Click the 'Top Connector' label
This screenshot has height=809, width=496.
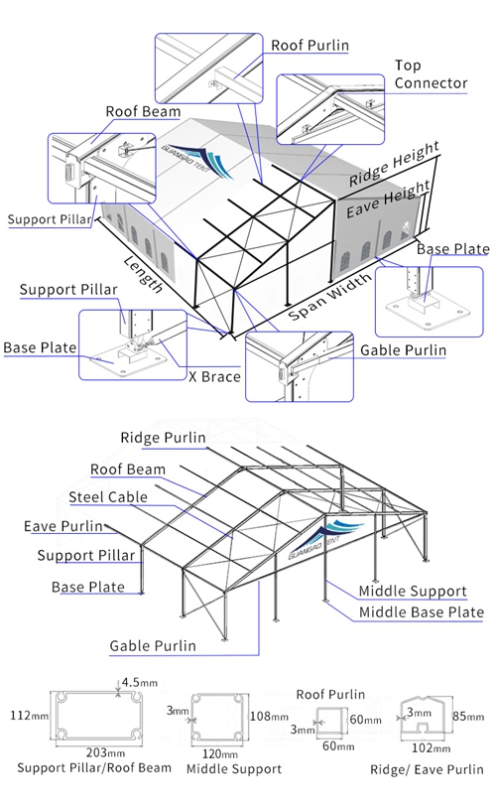coord(431,74)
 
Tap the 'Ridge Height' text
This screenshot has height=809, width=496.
coord(394,165)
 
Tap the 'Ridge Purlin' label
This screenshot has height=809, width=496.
coord(163,438)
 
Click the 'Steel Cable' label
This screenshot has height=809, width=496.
coord(108,496)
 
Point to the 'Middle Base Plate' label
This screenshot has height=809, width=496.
coord(421,612)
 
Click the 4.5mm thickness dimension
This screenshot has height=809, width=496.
coord(136,682)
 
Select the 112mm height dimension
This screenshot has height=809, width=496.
coord(25,715)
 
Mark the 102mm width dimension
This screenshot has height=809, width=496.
coord(425,749)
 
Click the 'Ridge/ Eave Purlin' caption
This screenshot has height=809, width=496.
coord(427,769)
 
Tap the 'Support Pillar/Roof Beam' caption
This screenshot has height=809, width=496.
coord(94,767)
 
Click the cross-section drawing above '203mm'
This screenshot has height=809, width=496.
coord(100,716)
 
